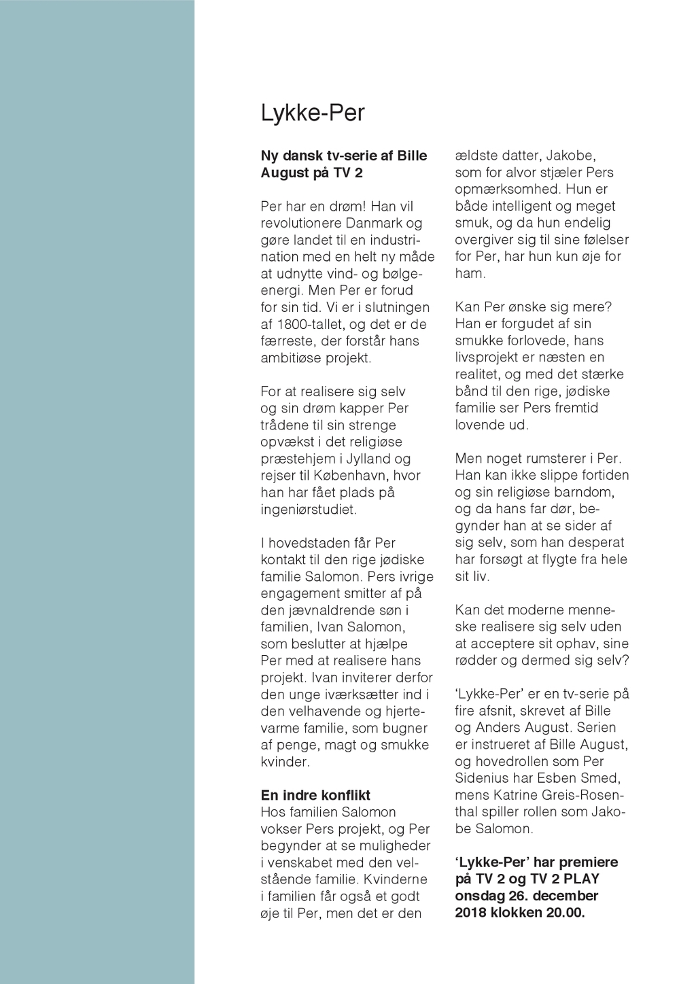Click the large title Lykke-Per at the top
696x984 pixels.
point(313,113)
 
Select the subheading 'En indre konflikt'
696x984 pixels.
point(315,795)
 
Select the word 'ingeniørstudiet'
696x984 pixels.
point(309,510)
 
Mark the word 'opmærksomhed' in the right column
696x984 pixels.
point(505,189)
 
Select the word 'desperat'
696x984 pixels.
point(598,543)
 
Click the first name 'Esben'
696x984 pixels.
point(567,778)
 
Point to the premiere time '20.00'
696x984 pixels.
point(565,913)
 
